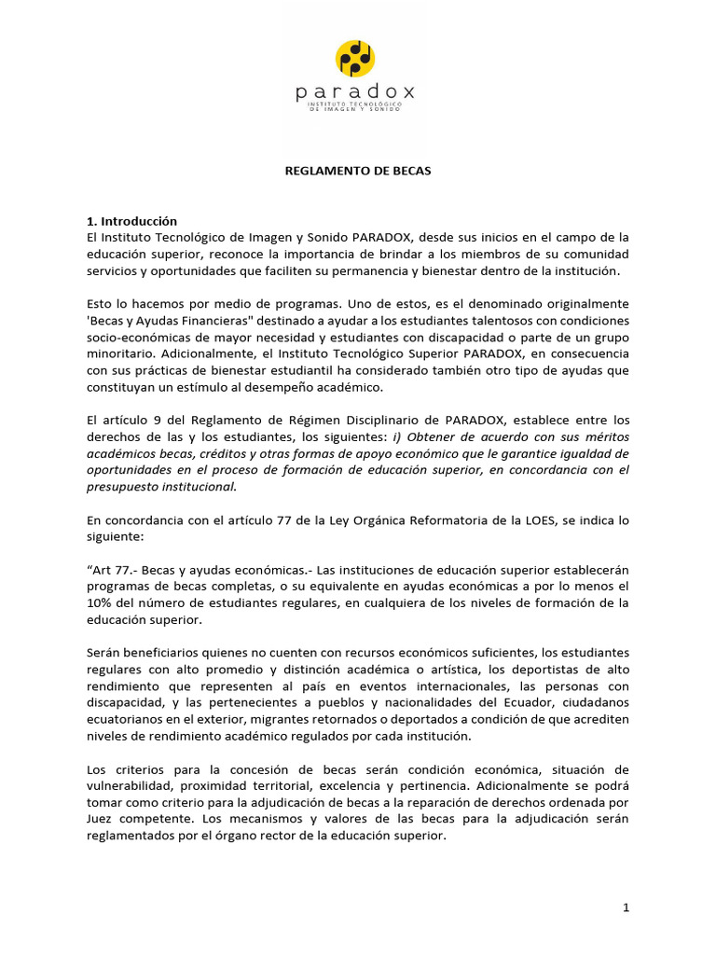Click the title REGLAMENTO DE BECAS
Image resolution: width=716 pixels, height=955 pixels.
point(358,172)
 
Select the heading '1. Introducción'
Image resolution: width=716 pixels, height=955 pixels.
point(131,221)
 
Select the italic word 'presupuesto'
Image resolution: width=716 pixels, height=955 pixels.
point(123,487)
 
